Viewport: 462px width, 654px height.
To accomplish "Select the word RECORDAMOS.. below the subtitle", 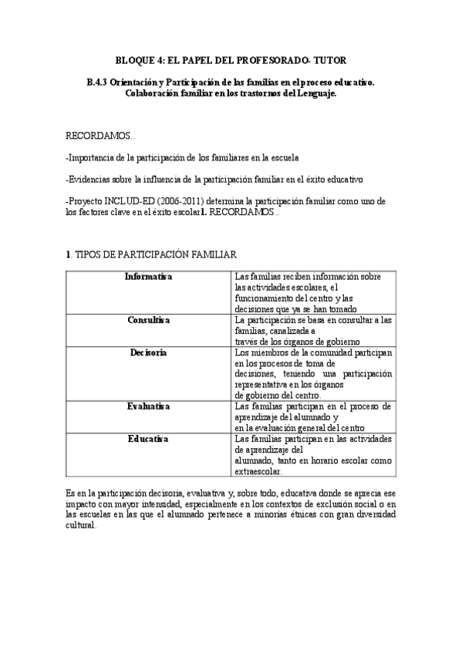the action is point(101,135).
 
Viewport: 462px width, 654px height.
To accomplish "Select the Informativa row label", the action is point(149,277).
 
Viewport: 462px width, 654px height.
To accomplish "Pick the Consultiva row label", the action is point(149,319).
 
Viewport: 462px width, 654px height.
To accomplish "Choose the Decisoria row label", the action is point(149,352).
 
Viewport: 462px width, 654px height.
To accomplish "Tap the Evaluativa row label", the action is point(149,406).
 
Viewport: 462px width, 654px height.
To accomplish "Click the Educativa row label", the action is point(149,439).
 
